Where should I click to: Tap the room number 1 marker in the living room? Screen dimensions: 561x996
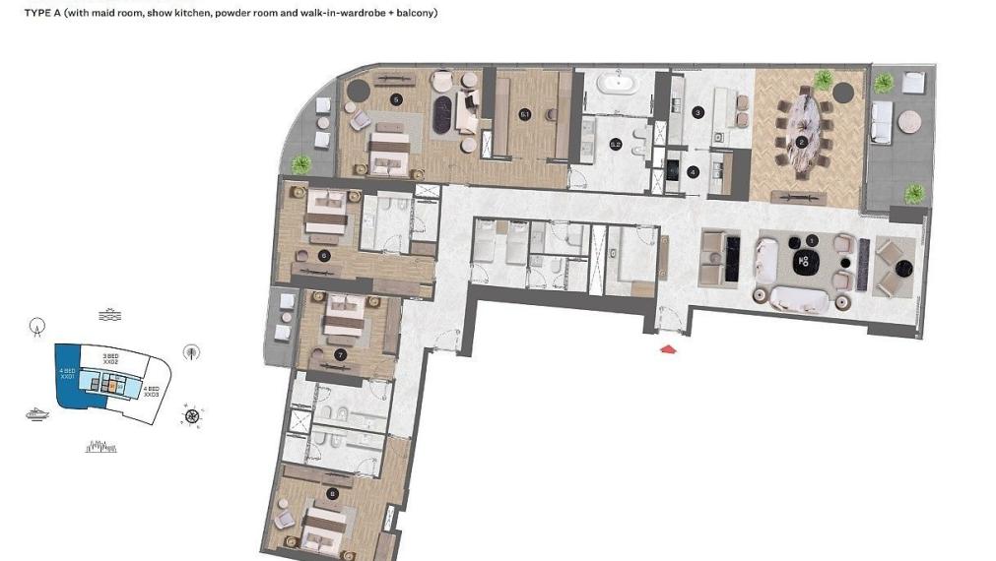[811, 240]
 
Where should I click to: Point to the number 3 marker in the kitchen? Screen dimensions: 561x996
[697, 113]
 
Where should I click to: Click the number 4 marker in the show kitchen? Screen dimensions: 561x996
[694, 171]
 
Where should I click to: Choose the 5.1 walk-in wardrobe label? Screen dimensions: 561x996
[525, 115]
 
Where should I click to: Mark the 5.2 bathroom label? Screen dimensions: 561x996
[616, 145]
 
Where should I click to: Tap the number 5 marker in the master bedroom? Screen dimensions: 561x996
[396, 99]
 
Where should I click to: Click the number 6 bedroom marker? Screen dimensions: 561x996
[323, 255]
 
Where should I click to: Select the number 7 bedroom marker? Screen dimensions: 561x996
[340, 353]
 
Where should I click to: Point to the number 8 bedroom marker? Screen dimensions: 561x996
[332, 494]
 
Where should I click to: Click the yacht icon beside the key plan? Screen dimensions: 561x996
[37, 414]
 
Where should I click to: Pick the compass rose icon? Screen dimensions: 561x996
[192, 415]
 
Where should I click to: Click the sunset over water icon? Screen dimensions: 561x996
[107, 315]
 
